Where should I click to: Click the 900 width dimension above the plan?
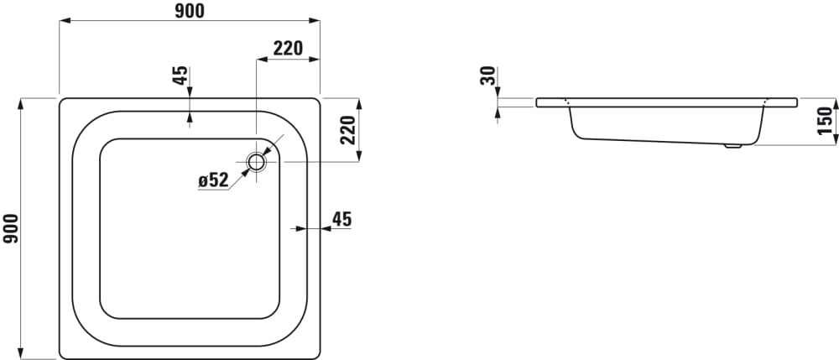point(190,11)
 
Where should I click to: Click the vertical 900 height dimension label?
point(11,228)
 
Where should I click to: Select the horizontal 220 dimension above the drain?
point(288,48)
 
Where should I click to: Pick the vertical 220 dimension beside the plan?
point(348,130)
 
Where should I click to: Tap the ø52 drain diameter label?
point(213,180)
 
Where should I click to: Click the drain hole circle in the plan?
point(256,162)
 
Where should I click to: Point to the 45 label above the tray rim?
point(181,76)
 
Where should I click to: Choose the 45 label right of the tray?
point(341,219)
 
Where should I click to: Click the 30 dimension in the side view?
point(488,76)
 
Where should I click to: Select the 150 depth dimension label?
point(826,121)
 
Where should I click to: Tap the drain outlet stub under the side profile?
point(732,145)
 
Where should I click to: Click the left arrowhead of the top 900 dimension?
point(65,21)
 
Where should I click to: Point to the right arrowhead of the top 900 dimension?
point(314,21)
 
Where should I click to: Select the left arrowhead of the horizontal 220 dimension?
point(263,59)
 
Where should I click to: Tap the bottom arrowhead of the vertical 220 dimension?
point(359,155)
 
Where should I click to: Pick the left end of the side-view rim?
point(536,102)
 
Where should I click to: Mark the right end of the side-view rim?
point(797,102)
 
